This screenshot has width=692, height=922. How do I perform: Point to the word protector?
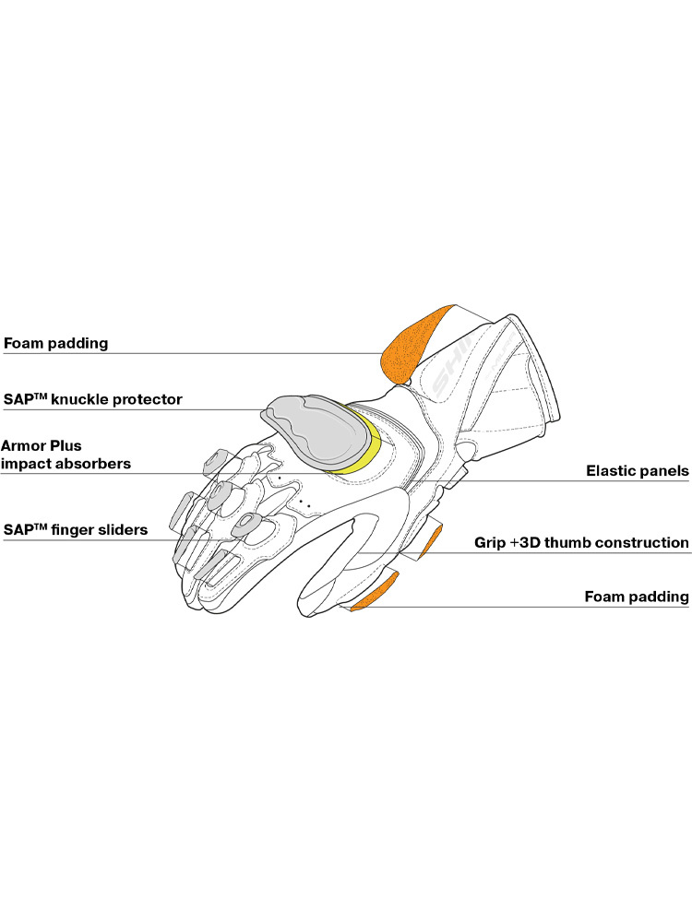click(x=147, y=400)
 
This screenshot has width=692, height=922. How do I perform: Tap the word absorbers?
click(x=93, y=464)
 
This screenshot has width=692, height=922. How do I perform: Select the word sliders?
click(x=124, y=530)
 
